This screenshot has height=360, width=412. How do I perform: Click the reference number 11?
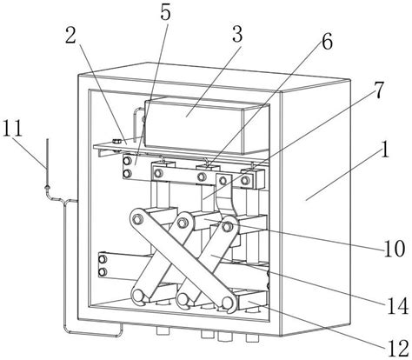tap(12, 129)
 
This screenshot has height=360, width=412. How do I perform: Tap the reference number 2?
tap(70, 36)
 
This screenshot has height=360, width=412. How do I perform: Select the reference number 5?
tap(165, 12)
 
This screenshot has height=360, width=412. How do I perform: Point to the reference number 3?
tap(237, 35)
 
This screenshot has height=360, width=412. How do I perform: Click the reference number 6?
tap(327, 43)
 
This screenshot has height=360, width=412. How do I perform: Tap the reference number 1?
tap(384, 150)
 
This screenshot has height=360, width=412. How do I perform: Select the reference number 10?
tap(394, 249)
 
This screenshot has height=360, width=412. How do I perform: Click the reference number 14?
tap(398, 306)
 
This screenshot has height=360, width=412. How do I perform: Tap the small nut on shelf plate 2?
tap(116, 142)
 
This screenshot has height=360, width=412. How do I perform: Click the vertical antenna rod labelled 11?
tap(47, 163)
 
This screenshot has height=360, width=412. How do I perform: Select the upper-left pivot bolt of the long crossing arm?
tap(136, 219)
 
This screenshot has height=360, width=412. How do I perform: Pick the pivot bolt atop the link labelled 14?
tap(227, 226)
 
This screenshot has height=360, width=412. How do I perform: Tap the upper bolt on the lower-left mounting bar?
tap(103, 259)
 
